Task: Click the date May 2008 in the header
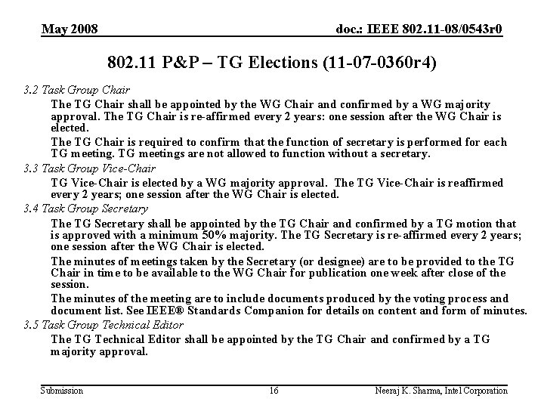(x=70, y=29)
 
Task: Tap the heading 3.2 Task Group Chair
(x=76, y=91)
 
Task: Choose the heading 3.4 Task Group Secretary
(x=85, y=209)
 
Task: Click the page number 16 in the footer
(x=274, y=391)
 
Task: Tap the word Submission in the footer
(x=62, y=391)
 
